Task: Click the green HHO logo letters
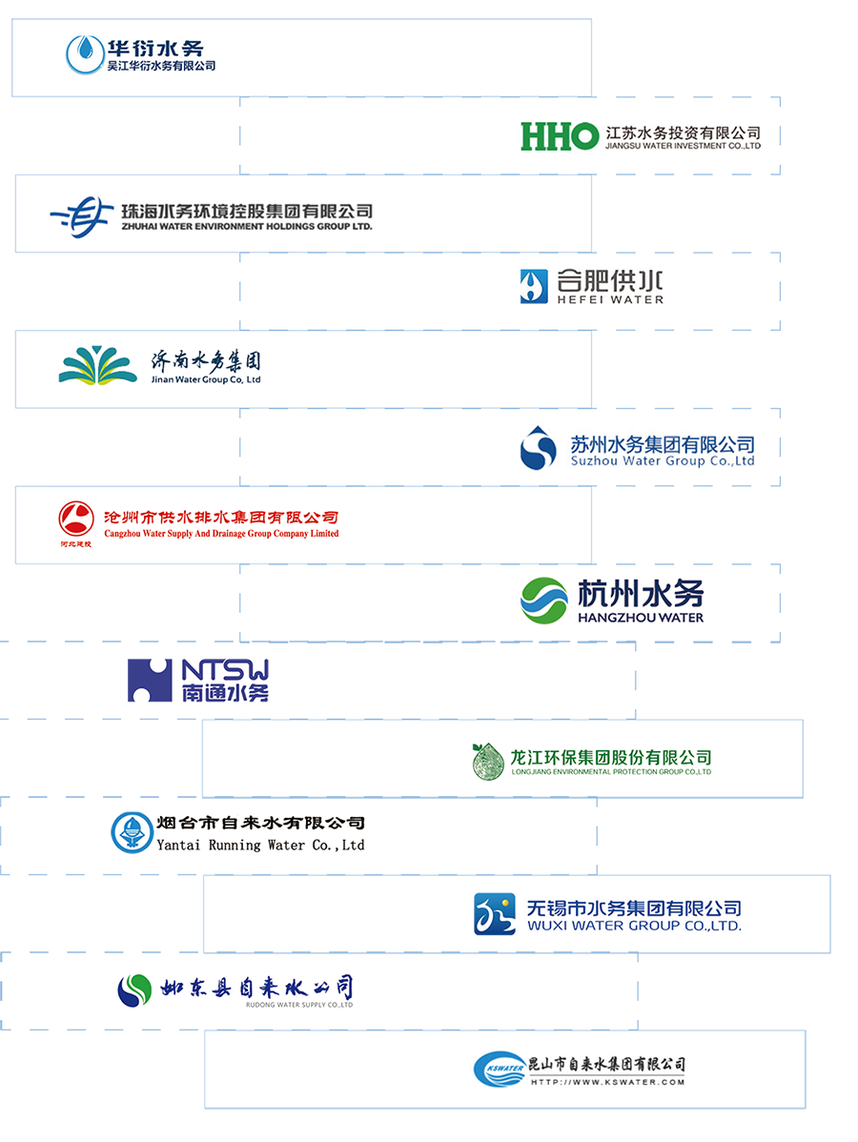559,135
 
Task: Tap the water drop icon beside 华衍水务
87,51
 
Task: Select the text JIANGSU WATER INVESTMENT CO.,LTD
684,147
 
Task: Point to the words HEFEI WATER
610,300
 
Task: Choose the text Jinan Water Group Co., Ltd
206,379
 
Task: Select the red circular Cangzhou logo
75,520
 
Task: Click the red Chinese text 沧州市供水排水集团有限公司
220,518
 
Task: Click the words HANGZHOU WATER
641,618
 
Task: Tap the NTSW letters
225,667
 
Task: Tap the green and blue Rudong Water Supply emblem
134,989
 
